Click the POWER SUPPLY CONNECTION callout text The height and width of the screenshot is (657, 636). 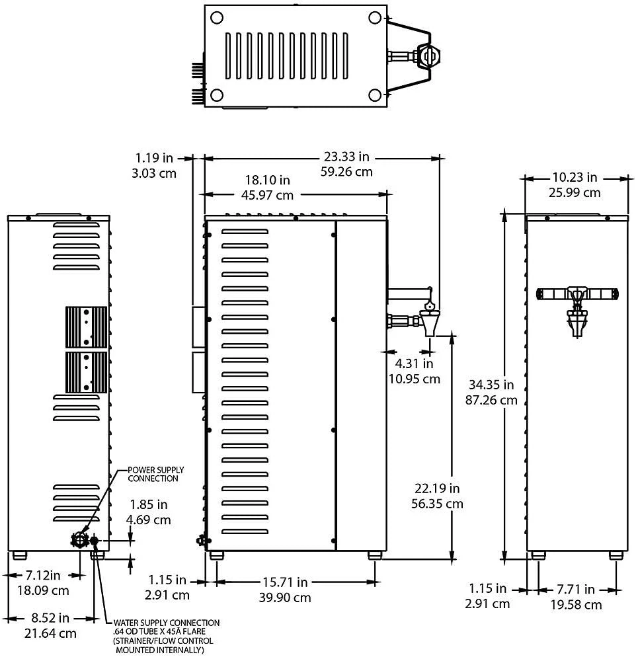153,473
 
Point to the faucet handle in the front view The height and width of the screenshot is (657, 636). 576,293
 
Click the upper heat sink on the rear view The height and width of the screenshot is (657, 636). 86,327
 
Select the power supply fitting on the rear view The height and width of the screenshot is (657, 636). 80,539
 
